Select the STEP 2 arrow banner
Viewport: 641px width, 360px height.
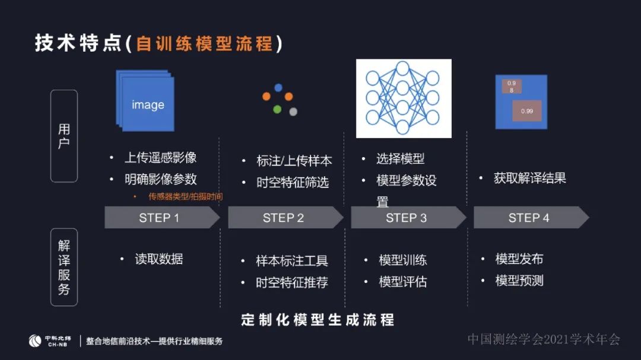[x=284, y=218]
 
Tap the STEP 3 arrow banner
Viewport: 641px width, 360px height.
[x=407, y=218]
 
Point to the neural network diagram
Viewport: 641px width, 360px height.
[x=404, y=98]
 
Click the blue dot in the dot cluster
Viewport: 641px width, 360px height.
[x=278, y=88]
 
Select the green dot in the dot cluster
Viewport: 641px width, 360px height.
[x=277, y=109]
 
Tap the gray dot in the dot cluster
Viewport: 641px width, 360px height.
[x=293, y=111]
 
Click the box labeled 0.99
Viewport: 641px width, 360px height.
[x=527, y=111]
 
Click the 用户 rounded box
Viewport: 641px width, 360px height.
[x=64, y=136]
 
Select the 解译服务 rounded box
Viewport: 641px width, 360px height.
[x=64, y=267]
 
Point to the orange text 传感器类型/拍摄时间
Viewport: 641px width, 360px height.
[x=185, y=196]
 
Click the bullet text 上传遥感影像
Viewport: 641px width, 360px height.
[x=160, y=158]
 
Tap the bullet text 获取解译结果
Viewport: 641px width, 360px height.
[x=530, y=178]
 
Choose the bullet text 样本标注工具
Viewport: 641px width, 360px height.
[x=292, y=261]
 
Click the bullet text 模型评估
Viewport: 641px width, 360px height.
[x=403, y=282]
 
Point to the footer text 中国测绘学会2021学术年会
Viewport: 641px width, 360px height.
[x=543, y=339]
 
